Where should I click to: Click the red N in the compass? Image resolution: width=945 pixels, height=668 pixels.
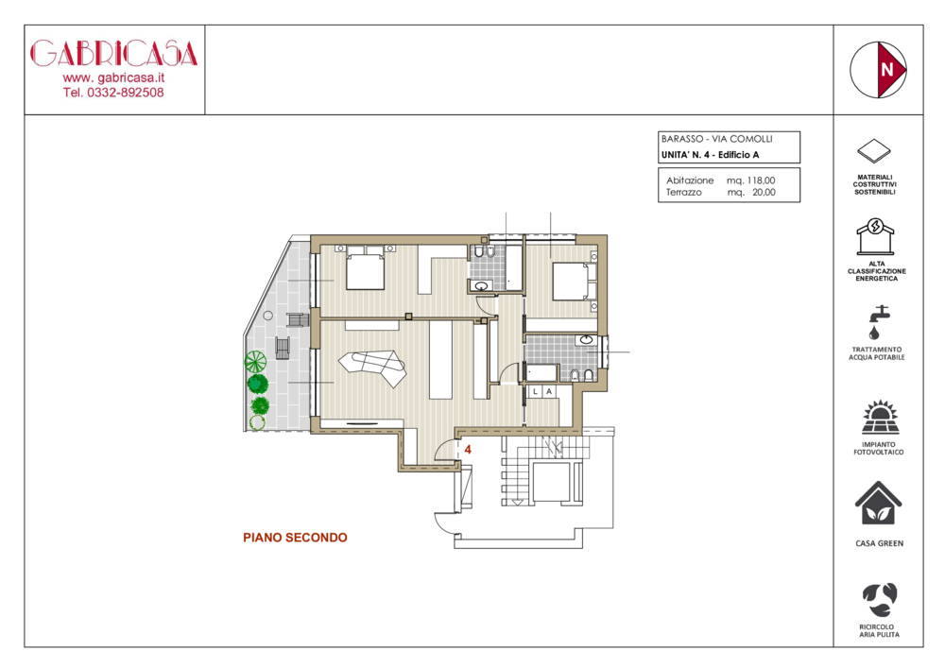[886, 70]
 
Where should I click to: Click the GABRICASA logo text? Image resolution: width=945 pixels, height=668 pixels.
[114, 54]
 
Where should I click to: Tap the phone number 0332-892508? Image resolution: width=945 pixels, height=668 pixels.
[126, 93]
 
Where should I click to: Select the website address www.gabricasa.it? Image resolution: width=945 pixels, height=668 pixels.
[113, 77]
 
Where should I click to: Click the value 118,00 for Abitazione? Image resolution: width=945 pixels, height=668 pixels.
[761, 180]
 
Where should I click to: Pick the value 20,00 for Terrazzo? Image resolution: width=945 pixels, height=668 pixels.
[764, 192]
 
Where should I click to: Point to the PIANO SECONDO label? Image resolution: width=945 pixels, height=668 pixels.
[295, 538]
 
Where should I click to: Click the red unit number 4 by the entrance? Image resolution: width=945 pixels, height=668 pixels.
[468, 450]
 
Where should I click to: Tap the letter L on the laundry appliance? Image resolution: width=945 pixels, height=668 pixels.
[535, 391]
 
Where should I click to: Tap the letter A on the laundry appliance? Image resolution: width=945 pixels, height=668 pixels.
[549, 391]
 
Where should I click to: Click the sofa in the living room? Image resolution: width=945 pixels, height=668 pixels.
[371, 368]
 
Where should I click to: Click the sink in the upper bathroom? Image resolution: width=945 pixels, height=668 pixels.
[482, 285]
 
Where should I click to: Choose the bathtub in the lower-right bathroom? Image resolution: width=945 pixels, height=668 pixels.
[541, 372]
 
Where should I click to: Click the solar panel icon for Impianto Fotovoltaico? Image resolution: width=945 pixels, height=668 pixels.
[879, 418]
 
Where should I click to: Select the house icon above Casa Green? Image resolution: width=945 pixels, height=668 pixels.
[879, 504]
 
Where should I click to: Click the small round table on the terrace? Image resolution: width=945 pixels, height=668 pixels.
[268, 315]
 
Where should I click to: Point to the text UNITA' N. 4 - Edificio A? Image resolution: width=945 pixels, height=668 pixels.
[710, 155]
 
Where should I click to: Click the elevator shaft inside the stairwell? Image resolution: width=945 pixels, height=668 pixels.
[550, 481]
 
